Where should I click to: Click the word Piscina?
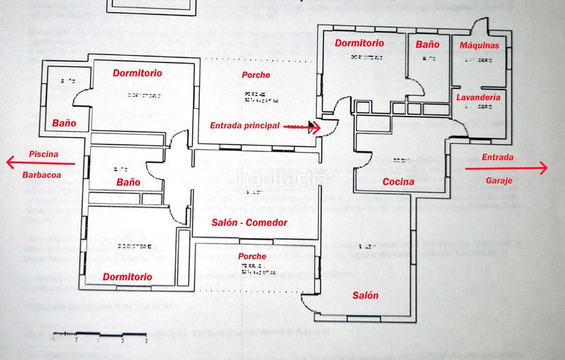pyautogui.click(x=42, y=154)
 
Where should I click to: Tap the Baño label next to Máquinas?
pyautogui.click(x=427, y=44)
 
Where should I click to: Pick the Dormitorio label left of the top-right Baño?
pyautogui.click(x=359, y=43)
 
